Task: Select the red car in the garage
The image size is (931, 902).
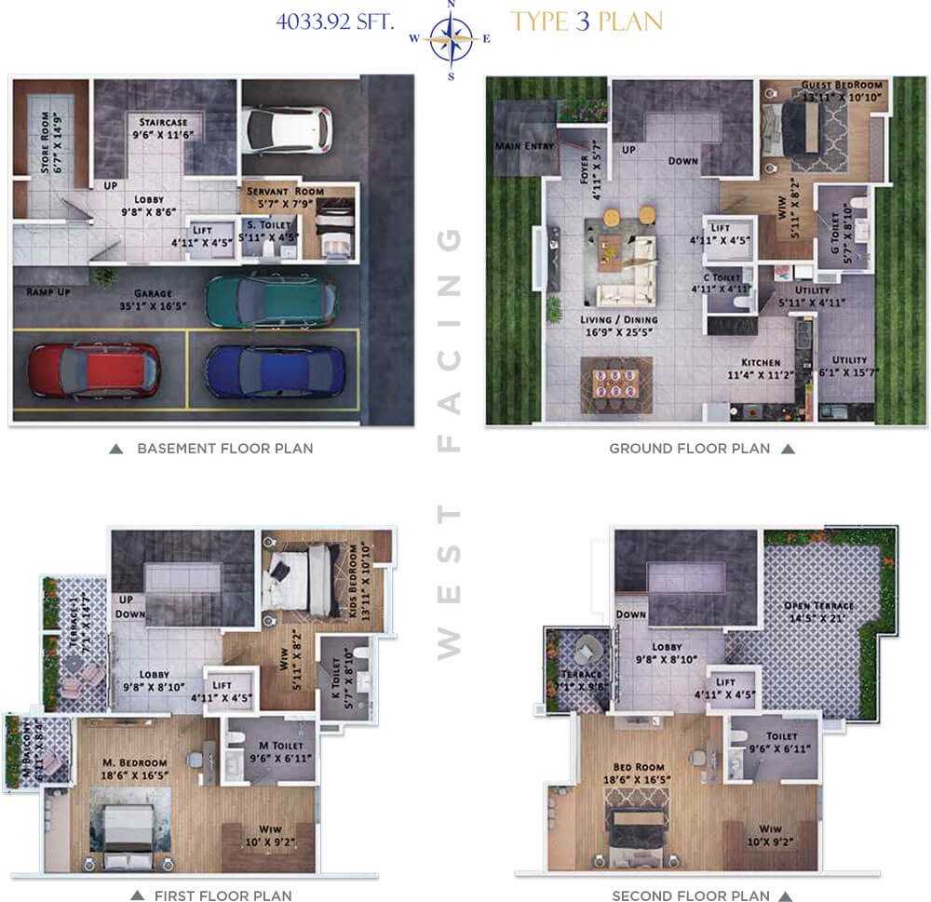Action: pos(83,370)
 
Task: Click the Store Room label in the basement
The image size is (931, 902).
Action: pos(49,141)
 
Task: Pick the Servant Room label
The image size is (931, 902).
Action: pos(285,192)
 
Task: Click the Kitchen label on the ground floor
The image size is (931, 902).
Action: pos(761,362)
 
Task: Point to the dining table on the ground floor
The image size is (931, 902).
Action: pos(617,384)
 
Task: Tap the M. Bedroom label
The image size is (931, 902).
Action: pos(135,763)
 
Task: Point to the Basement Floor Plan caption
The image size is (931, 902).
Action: pos(224,449)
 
